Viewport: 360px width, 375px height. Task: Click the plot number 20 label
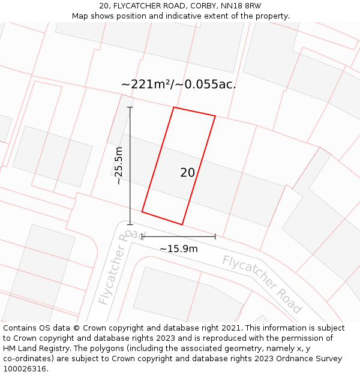[187, 173]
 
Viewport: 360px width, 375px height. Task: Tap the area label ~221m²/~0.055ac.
[179, 85]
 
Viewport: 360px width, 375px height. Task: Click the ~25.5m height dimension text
[119, 166]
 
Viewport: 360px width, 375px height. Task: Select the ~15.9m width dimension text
[179, 248]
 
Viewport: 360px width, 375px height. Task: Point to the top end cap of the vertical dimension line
[130, 107]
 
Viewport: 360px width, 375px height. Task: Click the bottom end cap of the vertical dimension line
[130, 224]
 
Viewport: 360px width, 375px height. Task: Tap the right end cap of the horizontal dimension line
[215, 236]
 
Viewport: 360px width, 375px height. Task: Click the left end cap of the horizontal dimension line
[142, 236]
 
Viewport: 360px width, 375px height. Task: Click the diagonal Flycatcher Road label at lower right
[262, 284]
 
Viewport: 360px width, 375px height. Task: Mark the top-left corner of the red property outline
[174, 107]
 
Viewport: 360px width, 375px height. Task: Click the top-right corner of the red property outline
[215, 116]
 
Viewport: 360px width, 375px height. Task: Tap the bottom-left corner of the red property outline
[142, 211]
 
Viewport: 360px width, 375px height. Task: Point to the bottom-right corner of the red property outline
[182, 224]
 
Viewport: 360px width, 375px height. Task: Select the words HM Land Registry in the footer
[35, 349]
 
